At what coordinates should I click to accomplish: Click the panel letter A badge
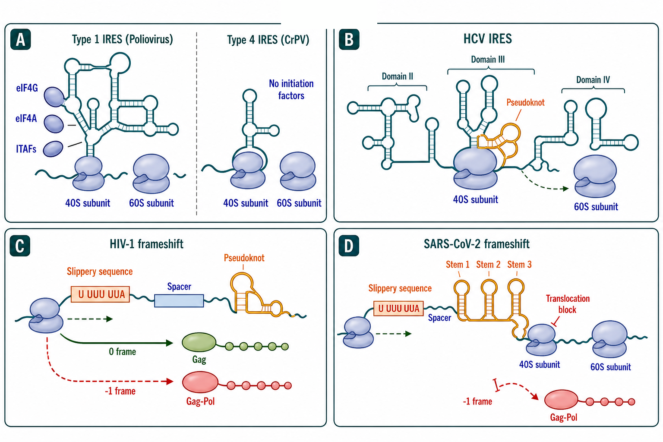(x=20, y=39)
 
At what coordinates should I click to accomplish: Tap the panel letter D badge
(x=349, y=246)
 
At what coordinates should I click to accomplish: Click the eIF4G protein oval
(x=54, y=97)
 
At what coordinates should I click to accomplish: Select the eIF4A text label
(x=26, y=119)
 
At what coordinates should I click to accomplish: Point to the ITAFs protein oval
(x=53, y=149)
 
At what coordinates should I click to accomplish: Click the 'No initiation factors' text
(x=291, y=89)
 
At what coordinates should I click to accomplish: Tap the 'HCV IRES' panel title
(x=487, y=39)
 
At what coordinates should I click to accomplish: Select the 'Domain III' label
(x=488, y=60)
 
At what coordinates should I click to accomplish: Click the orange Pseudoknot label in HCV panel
(x=525, y=102)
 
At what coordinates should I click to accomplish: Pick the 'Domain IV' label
(x=593, y=79)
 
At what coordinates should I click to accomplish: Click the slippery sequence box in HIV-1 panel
(x=100, y=294)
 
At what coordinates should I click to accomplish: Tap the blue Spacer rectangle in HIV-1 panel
(x=179, y=301)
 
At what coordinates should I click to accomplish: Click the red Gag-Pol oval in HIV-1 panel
(x=200, y=382)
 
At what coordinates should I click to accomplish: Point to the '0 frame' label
(x=122, y=352)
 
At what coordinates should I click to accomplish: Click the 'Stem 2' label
(x=488, y=264)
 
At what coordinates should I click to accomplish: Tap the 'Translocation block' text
(x=568, y=304)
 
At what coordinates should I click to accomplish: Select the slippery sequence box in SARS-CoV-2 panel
(x=399, y=309)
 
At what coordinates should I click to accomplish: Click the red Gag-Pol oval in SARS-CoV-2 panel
(x=561, y=400)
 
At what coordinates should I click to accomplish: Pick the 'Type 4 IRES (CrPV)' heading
(x=268, y=40)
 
